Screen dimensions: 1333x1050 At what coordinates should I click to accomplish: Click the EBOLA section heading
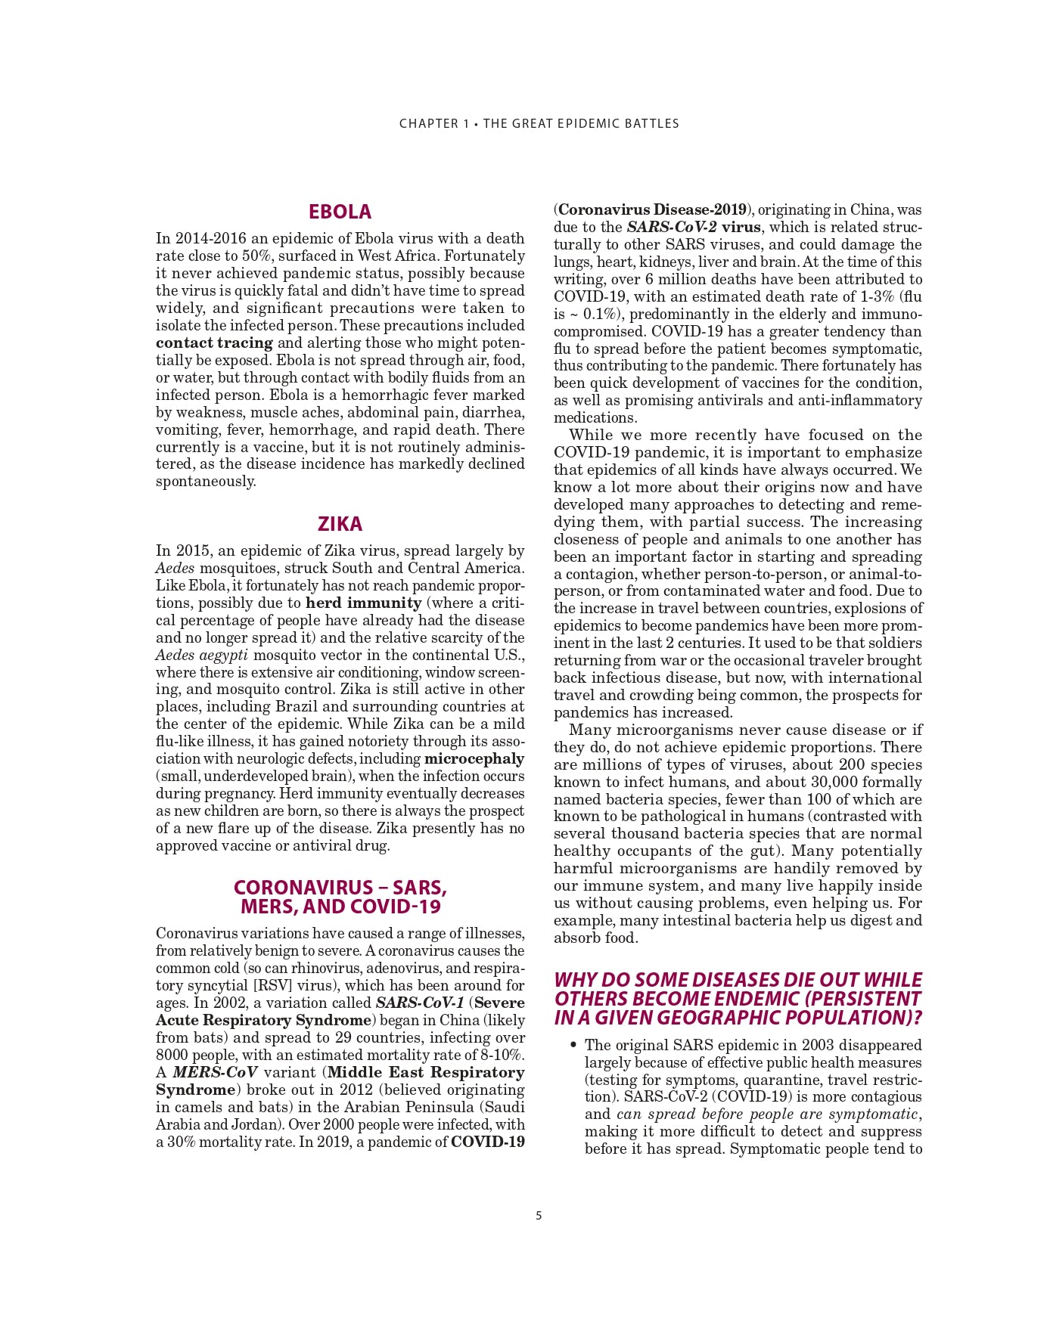tap(340, 212)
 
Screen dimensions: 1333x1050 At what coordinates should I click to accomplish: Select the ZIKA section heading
tap(340, 524)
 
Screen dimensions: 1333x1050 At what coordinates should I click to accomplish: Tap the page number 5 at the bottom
tap(539, 1216)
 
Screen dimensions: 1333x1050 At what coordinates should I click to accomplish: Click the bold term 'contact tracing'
tap(214, 343)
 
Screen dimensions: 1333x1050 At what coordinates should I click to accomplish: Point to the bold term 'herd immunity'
tap(363, 603)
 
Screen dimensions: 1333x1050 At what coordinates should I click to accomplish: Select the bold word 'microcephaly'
tap(474, 758)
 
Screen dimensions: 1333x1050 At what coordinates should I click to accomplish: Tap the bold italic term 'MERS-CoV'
tap(215, 1072)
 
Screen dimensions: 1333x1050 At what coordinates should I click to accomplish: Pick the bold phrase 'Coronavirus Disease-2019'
tap(652, 209)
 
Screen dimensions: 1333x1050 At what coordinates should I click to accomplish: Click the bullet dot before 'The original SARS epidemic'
tap(573, 1045)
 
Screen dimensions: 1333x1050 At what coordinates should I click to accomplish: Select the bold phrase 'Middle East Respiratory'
tap(426, 1072)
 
